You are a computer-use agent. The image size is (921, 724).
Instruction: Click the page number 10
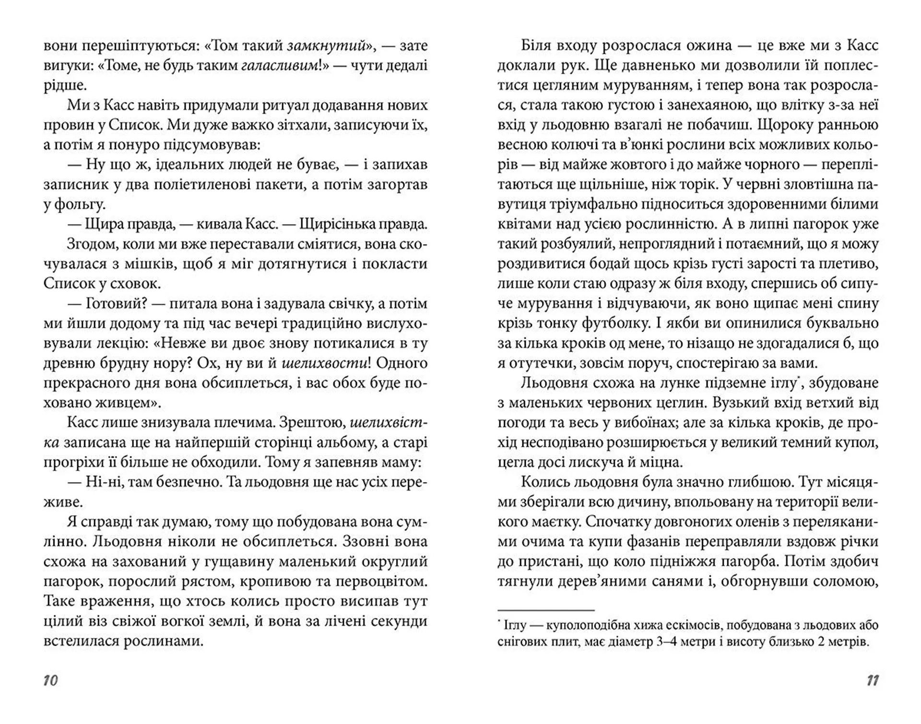coord(50,680)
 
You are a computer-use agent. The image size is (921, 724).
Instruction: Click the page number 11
coord(873,680)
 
